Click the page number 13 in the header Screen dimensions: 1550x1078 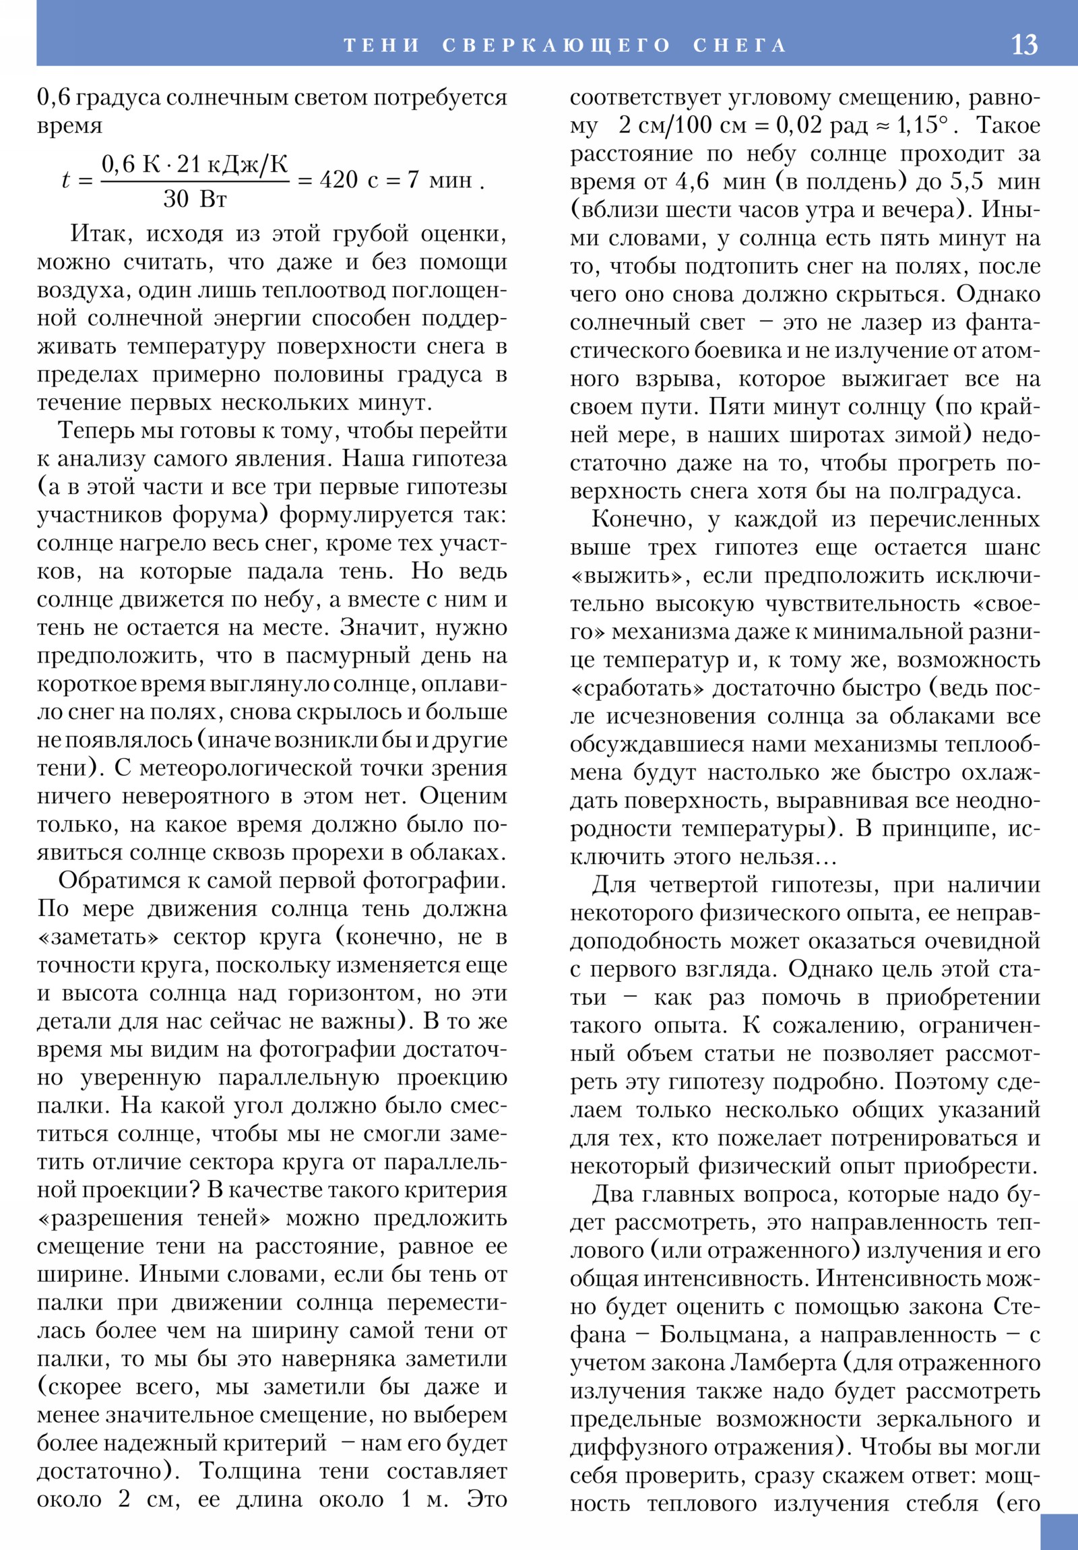tap(1024, 44)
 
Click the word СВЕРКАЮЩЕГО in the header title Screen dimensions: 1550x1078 tap(557, 45)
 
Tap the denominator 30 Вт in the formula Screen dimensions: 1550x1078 tap(195, 199)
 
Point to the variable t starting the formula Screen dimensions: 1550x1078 tap(65, 180)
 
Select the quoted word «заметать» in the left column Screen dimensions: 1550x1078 tap(98, 937)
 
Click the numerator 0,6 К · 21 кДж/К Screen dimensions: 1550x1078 tap(195, 164)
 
